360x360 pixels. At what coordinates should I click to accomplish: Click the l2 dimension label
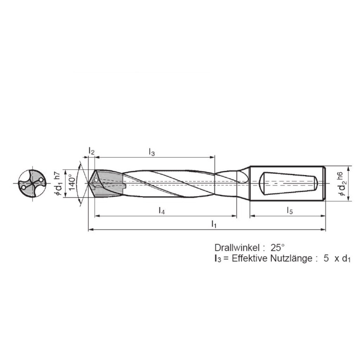[x=92, y=151]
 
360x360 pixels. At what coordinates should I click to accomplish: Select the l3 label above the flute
[x=152, y=151]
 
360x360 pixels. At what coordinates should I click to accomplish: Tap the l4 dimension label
[x=161, y=211]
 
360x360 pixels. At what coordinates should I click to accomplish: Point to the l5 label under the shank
[x=290, y=211]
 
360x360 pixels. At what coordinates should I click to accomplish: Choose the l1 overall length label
[x=214, y=224]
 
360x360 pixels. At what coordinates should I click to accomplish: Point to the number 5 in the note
[x=326, y=259]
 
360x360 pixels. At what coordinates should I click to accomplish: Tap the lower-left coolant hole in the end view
[x=23, y=187]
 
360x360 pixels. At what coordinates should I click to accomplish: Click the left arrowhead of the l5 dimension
[x=252, y=216]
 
